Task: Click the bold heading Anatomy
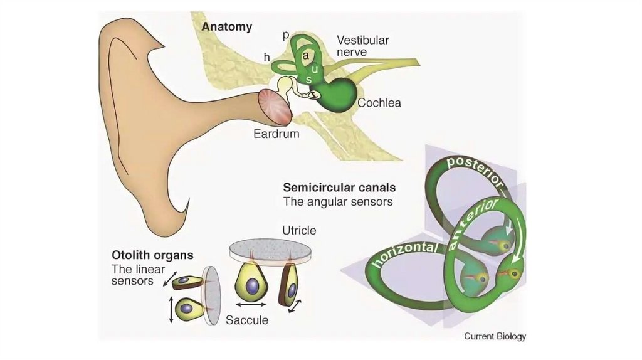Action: [226, 27]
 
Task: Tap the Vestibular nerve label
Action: [362, 46]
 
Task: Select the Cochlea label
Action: [379, 103]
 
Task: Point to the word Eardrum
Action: [276, 134]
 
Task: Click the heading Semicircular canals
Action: [339, 188]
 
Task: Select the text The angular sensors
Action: [337, 202]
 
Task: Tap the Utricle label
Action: [299, 231]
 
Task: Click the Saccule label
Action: [247, 320]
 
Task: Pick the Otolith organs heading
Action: [152, 256]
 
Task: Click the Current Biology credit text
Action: [495, 336]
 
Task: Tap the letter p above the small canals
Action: [285, 35]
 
